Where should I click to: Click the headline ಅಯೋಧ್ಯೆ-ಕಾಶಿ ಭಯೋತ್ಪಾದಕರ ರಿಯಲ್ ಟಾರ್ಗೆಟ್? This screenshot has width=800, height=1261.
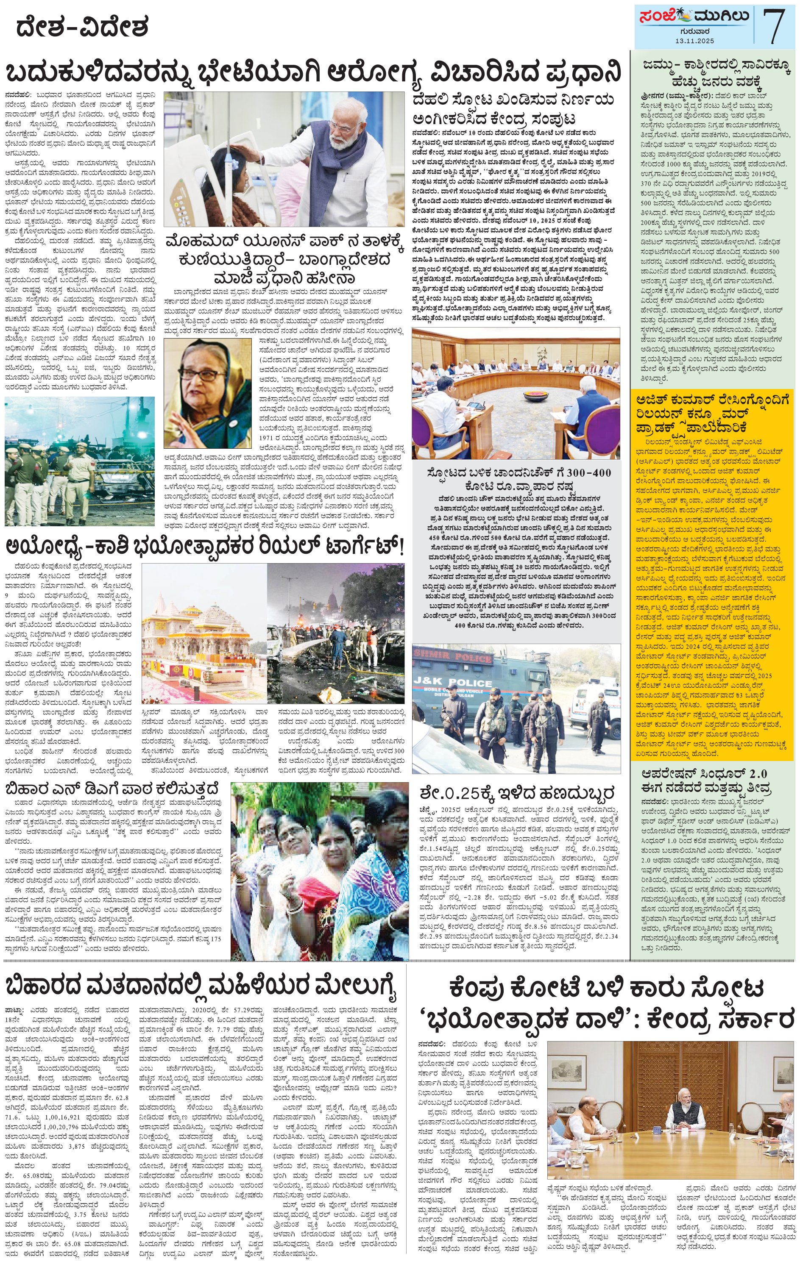click(x=204, y=548)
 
